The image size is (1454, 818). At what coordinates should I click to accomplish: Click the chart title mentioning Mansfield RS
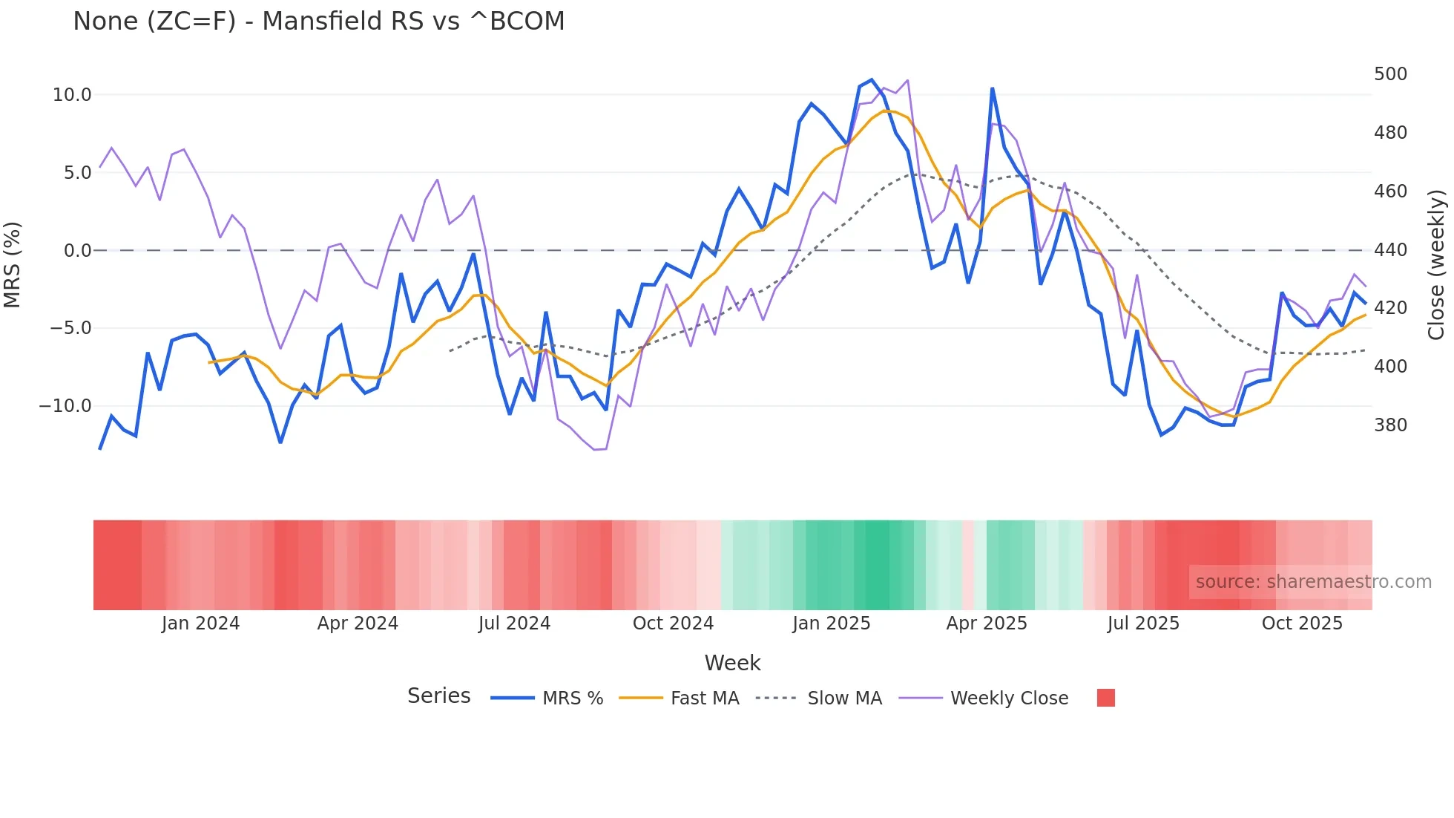(x=318, y=22)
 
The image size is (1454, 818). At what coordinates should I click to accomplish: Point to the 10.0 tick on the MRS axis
(x=72, y=95)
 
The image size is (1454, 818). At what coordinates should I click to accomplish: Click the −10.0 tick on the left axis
(x=65, y=406)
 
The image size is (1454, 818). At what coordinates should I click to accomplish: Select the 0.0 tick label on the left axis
(x=77, y=251)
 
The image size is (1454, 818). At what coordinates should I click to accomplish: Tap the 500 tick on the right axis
(x=1390, y=74)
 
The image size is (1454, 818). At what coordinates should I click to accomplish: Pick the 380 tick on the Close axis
(x=1390, y=425)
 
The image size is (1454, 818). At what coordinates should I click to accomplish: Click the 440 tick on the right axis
(x=1390, y=250)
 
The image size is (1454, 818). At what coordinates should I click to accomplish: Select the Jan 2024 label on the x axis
(x=200, y=624)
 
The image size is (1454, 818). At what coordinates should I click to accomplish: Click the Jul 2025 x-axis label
(x=1143, y=624)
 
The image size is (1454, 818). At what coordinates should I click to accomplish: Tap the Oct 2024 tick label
(x=673, y=624)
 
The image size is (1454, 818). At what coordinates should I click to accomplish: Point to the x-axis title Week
(x=732, y=663)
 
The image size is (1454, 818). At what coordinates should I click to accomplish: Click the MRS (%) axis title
(x=13, y=265)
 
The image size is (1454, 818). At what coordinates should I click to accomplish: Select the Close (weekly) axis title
(x=1436, y=265)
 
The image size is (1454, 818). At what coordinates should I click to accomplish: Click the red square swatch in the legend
(x=1105, y=698)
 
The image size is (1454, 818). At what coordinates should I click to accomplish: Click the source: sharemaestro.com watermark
(x=1313, y=582)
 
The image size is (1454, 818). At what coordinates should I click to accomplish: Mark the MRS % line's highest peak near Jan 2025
(x=872, y=79)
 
